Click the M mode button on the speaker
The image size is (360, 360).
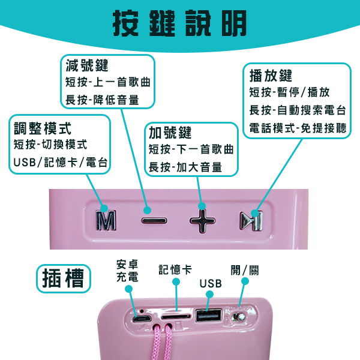(x=106, y=220)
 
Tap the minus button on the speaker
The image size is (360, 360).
(x=154, y=221)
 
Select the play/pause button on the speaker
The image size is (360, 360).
(x=251, y=221)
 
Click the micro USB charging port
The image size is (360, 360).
(x=142, y=319)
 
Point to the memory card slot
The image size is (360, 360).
(x=176, y=317)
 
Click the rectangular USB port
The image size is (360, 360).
(x=208, y=315)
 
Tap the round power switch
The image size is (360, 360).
(x=239, y=317)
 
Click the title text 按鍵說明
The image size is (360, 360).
(x=180, y=23)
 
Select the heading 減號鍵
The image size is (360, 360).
(x=87, y=65)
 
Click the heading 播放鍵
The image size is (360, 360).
(x=271, y=76)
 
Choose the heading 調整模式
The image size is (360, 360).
(x=43, y=128)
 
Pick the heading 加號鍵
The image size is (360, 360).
(x=170, y=133)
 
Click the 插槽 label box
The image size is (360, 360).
(x=64, y=278)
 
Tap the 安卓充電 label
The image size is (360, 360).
(x=127, y=271)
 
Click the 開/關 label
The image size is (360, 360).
(x=245, y=270)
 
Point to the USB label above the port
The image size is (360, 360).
(x=211, y=284)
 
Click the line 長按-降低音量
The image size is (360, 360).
(x=102, y=100)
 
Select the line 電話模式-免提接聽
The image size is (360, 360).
(x=298, y=128)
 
